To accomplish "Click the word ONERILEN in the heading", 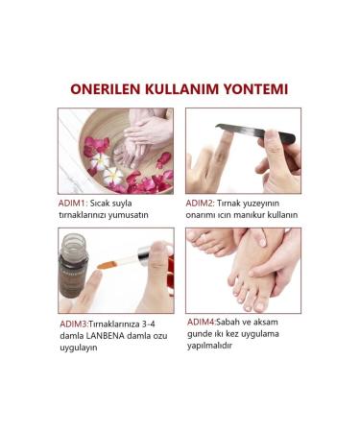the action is (105, 89).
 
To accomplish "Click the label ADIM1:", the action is (73, 204).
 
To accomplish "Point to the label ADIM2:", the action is (200, 204).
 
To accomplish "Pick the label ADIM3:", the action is (74, 324).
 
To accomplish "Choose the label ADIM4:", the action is (202, 322).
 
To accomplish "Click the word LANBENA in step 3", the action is (105, 336).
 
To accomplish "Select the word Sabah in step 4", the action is (228, 322).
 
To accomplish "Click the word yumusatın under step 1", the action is (128, 215).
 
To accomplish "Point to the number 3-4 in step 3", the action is (148, 324).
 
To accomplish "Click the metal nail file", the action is (255, 132).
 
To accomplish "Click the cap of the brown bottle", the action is (75, 244).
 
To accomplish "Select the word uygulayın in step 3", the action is (79, 348).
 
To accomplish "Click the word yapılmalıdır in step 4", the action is (209, 346).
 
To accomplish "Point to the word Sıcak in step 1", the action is (99, 204).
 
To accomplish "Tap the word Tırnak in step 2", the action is (228, 204).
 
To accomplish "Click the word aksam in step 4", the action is (266, 322).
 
